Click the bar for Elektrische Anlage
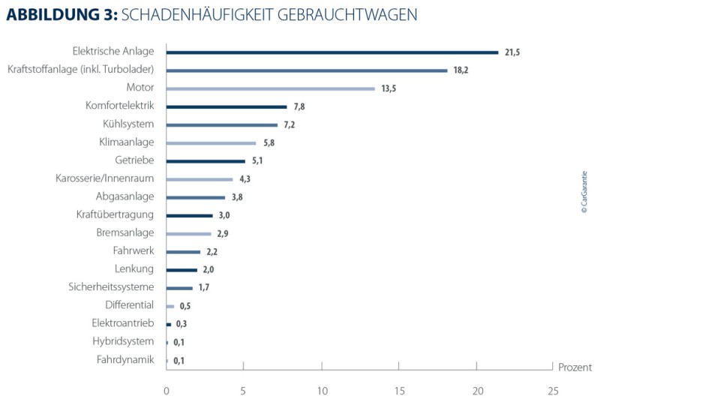(x=332, y=52)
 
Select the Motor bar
(x=270, y=88)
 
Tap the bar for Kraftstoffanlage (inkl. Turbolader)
(x=306, y=70)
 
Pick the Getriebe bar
(x=206, y=161)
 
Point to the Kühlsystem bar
(x=221, y=124)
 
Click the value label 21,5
(x=513, y=52)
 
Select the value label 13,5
(x=388, y=88)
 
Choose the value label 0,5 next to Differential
(x=185, y=306)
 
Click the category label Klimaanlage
(x=126, y=142)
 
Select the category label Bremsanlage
(x=125, y=232)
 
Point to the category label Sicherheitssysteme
(x=111, y=287)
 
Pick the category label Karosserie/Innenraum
(x=104, y=178)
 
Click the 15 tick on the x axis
(x=398, y=390)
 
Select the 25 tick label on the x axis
(x=553, y=390)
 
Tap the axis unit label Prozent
(x=575, y=367)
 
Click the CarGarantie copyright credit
(x=584, y=192)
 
